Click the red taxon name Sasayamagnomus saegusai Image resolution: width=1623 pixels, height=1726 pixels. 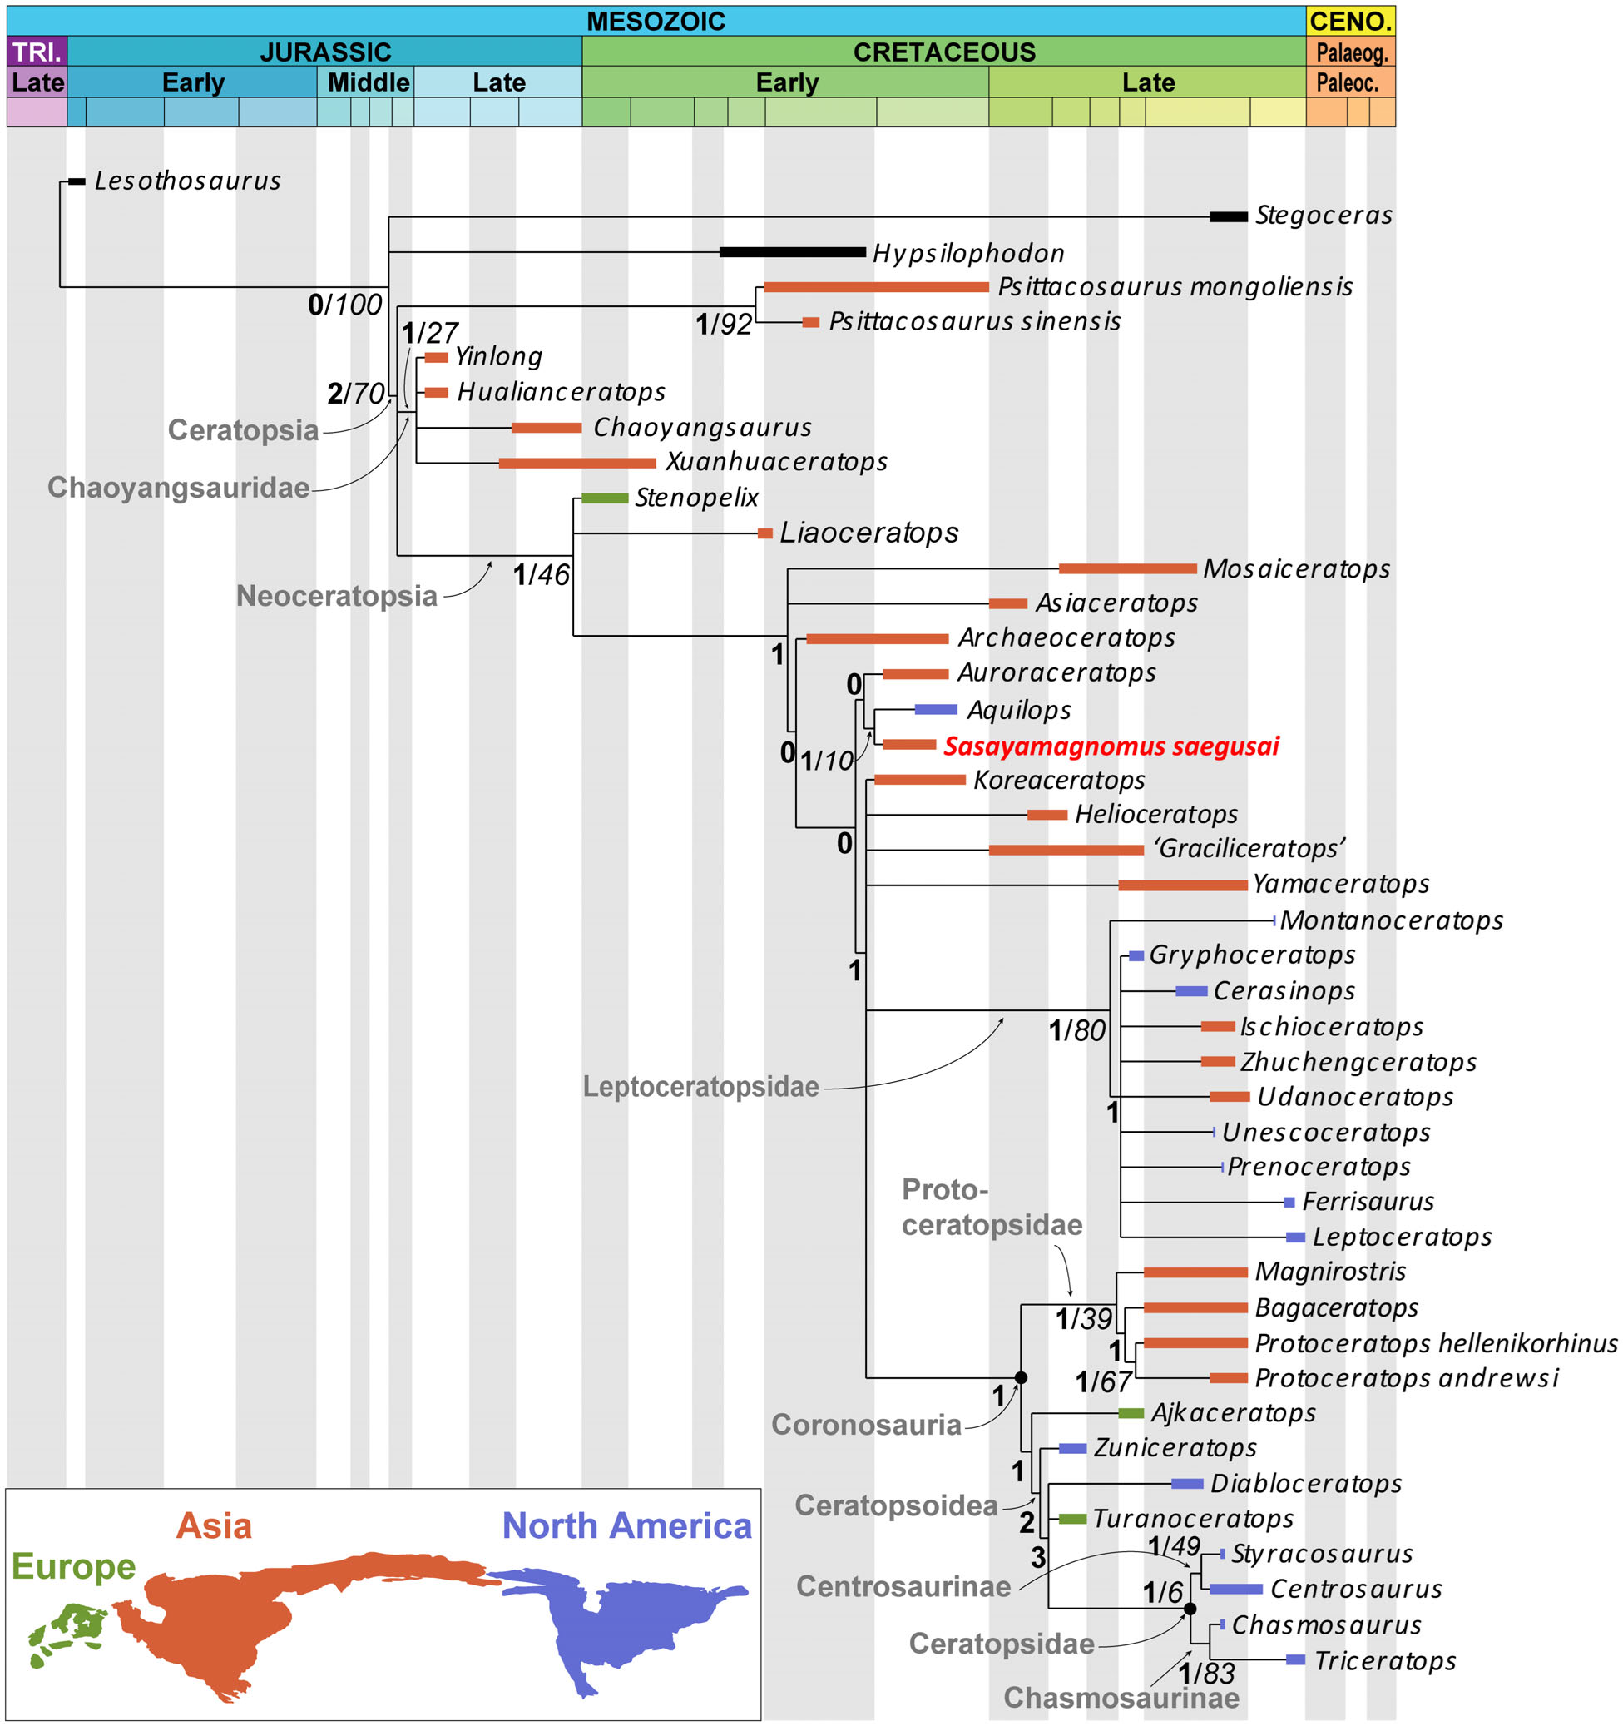click(x=1111, y=746)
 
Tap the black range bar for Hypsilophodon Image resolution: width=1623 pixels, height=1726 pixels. click(x=792, y=253)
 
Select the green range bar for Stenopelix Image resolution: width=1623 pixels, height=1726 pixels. click(x=604, y=498)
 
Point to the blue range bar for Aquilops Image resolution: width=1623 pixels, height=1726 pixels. click(x=936, y=710)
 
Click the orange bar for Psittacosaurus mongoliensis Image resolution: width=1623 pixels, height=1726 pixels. click(x=875, y=287)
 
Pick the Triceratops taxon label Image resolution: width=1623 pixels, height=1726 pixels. click(x=1384, y=1661)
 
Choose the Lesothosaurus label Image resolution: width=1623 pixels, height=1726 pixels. click(x=187, y=181)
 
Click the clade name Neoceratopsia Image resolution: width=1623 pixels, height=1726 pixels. click(x=337, y=597)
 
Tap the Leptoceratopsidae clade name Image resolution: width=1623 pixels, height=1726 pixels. click(x=700, y=1087)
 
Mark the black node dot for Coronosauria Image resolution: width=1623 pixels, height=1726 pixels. click(x=1021, y=1378)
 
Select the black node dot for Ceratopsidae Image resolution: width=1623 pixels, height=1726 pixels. click(x=1190, y=1609)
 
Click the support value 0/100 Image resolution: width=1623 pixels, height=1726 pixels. click(x=344, y=305)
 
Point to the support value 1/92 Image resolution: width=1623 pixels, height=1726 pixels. click(x=723, y=325)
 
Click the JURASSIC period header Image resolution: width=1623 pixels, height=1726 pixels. click(x=325, y=52)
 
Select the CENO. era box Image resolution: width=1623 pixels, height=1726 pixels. click(x=1349, y=21)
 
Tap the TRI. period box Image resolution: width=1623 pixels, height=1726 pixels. click(x=37, y=52)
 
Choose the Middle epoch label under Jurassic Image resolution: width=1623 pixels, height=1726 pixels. click(x=368, y=82)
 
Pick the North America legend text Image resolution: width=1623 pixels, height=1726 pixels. click(x=626, y=1525)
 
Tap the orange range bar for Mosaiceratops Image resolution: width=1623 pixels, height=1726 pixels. click(x=1126, y=568)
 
